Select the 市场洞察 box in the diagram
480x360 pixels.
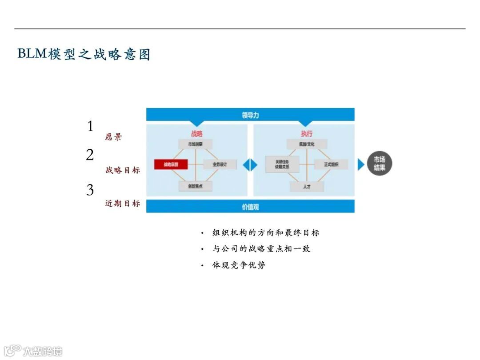(196, 144)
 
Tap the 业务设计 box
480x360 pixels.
(220, 164)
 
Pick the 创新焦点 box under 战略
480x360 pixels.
(196, 186)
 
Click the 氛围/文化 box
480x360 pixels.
(307, 144)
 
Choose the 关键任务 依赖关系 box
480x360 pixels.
(282, 164)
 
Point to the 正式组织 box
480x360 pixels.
(331, 164)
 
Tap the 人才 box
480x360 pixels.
(307, 186)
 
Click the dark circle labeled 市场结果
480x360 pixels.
(379, 164)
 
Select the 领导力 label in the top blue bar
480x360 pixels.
(250, 115)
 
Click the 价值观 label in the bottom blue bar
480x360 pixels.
(250, 207)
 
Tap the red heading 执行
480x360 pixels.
(307, 133)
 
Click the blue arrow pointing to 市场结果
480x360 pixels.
(360, 164)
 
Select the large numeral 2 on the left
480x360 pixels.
(90, 155)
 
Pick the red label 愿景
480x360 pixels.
(113, 137)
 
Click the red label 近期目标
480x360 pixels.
(123, 204)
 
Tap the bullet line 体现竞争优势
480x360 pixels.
(239, 265)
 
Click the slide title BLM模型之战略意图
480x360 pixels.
(84, 54)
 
